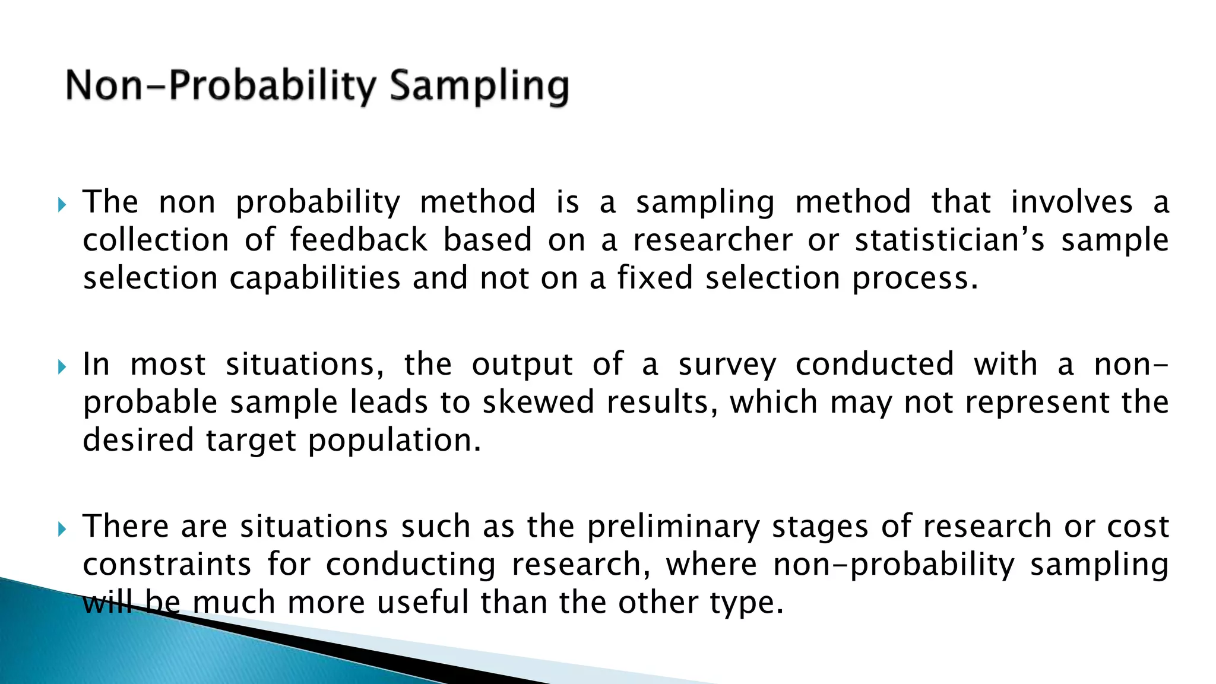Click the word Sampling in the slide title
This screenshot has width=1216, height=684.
click(479, 86)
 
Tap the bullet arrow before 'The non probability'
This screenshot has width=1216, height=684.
click(62, 205)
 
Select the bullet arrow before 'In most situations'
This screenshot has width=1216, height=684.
click(62, 368)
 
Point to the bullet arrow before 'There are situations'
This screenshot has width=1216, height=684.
click(62, 529)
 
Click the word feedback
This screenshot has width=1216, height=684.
click(359, 240)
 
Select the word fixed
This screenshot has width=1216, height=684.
click(655, 278)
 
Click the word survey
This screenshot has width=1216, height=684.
click(727, 365)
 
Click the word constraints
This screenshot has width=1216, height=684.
click(167, 565)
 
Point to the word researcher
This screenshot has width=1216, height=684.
click(712, 240)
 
